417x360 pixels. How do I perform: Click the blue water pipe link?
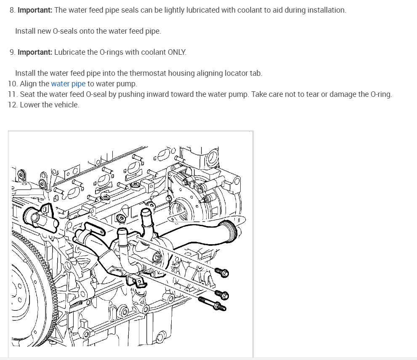tap(68, 83)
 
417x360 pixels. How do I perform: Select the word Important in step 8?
tap(35, 10)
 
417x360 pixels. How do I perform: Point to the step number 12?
tap(12, 105)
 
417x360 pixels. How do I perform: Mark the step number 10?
tap(13, 84)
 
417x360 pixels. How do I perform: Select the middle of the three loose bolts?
tap(222, 294)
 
